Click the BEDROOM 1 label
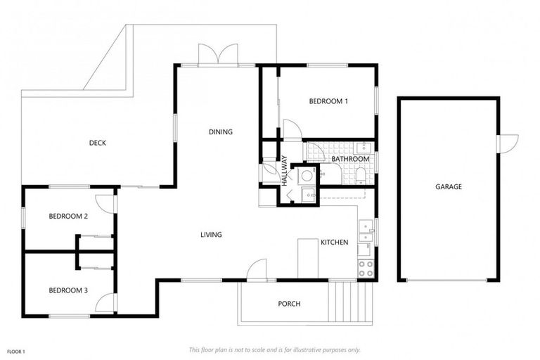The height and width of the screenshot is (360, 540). (x=328, y=101)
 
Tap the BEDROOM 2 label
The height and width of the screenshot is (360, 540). (x=68, y=216)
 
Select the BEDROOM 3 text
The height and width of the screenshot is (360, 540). (x=68, y=290)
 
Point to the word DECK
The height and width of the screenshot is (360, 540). (x=97, y=143)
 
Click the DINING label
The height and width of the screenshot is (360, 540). (x=220, y=131)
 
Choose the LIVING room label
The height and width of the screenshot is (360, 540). (x=211, y=235)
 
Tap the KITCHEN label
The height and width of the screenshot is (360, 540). (x=334, y=242)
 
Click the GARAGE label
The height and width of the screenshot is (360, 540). (x=448, y=186)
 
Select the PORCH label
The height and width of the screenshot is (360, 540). (x=289, y=304)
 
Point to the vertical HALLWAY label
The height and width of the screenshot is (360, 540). (x=285, y=169)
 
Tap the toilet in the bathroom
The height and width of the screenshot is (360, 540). (x=361, y=173)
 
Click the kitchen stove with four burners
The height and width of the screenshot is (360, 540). (x=366, y=268)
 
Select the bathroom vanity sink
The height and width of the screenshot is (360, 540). (x=363, y=147)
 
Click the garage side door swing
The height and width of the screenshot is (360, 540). (x=507, y=142)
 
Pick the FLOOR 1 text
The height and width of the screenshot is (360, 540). (x=16, y=351)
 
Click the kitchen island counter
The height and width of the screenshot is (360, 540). (x=308, y=257)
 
